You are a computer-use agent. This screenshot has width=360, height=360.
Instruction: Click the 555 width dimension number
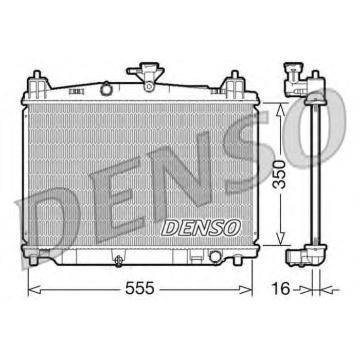coord(140,289)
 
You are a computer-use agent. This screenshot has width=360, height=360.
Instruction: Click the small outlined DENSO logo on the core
coord(201,226)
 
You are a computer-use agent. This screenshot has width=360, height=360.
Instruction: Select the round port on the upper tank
coord(106,89)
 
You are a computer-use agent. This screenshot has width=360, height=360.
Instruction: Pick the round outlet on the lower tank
coord(215,255)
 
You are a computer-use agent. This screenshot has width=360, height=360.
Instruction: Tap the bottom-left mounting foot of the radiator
coord(34,259)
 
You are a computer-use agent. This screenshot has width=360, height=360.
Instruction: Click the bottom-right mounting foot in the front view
coord(238,259)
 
